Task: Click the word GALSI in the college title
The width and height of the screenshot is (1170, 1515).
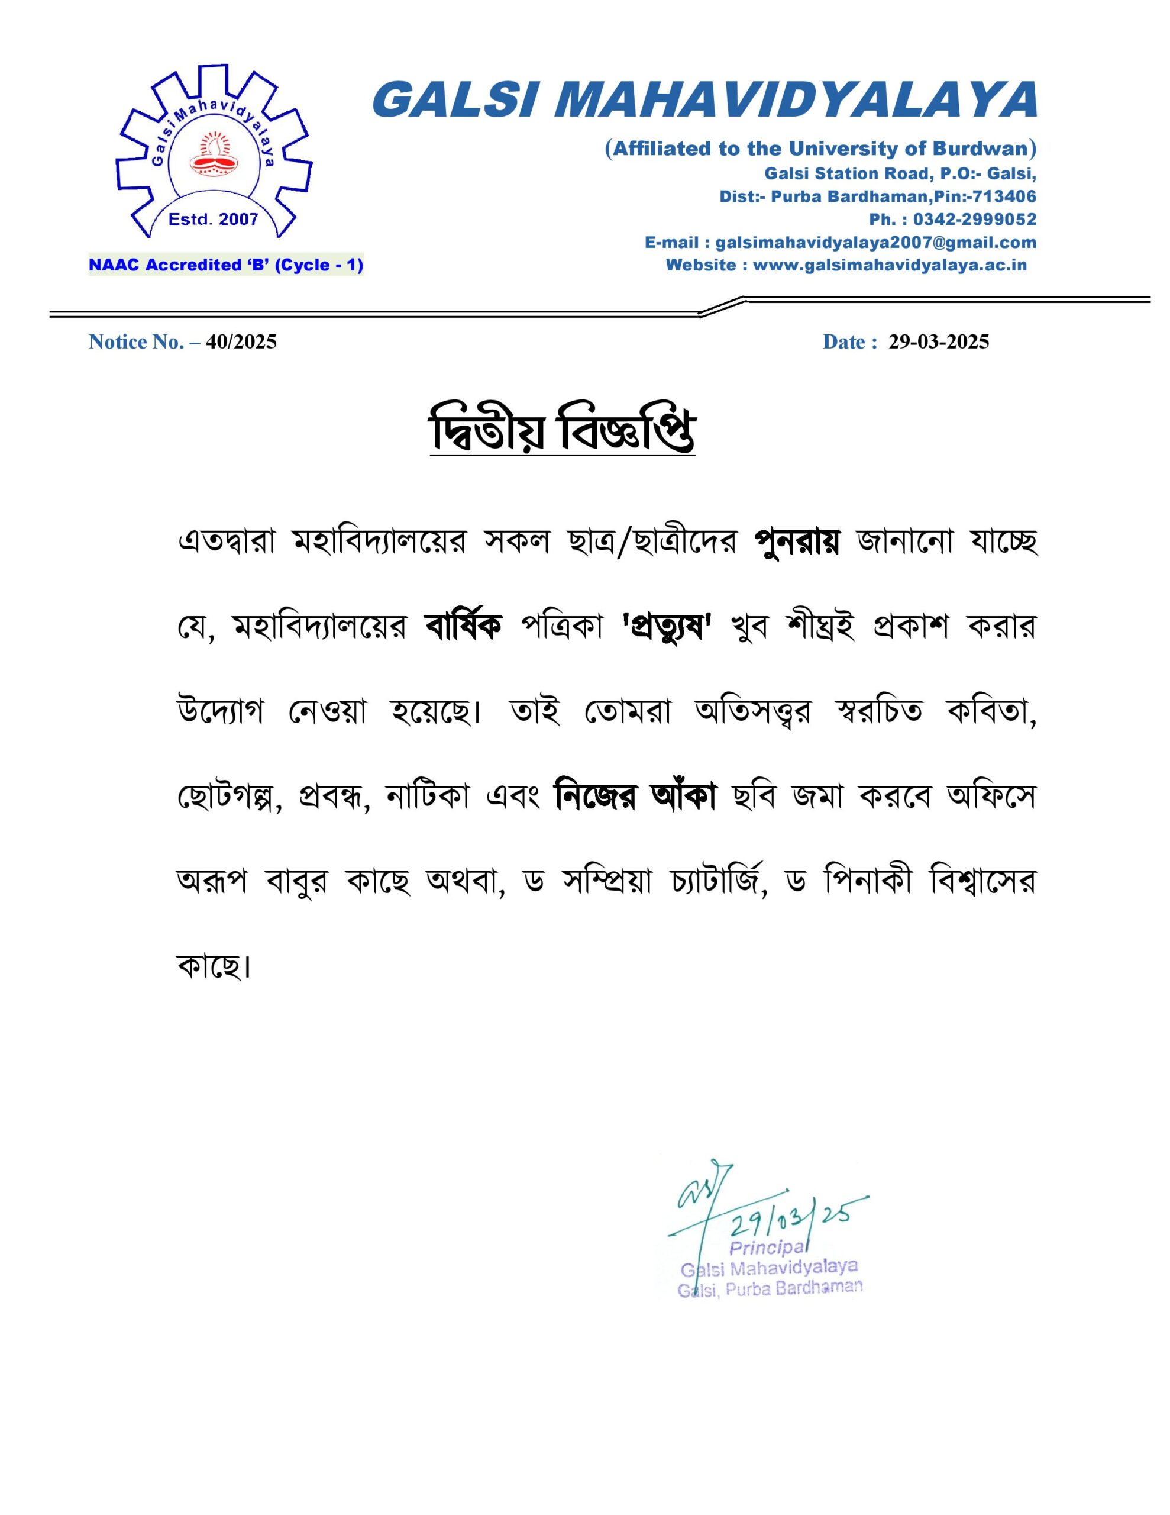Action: point(458,100)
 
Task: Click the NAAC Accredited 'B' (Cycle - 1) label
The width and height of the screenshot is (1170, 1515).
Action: point(225,265)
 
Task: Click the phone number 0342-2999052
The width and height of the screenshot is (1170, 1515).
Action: point(974,219)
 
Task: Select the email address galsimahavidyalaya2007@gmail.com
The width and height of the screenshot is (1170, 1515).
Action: point(875,242)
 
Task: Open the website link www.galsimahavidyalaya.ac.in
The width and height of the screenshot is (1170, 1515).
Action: point(889,265)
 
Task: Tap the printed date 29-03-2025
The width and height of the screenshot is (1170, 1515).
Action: point(939,341)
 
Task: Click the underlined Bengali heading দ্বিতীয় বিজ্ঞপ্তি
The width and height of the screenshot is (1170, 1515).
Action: point(562,434)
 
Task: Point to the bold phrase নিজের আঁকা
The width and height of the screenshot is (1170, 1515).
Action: point(635,797)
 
